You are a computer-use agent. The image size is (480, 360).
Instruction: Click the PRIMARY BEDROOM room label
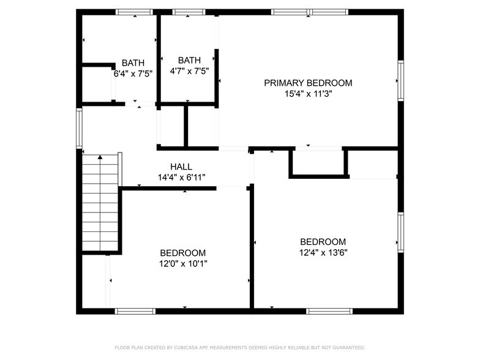pyautogui.click(x=308, y=83)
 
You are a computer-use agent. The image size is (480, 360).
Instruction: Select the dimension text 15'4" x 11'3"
pyautogui.click(x=308, y=94)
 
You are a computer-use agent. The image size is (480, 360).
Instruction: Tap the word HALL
pyautogui.click(x=181, y=167)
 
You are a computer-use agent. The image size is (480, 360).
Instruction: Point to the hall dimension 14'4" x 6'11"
pyautogui.click(x=181, y=178)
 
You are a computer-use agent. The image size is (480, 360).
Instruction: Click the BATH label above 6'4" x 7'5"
pyautogui.click(x=133, y=62)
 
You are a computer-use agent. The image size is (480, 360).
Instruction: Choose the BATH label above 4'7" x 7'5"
pyautogui.click(x=189, y=60)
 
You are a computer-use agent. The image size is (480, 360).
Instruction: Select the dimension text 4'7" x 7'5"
pyautogui.click(x=189, y=70)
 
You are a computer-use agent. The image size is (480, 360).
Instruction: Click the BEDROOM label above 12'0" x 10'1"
pyautogui.click(x=182, y=253)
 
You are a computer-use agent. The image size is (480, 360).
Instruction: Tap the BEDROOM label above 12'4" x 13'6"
pyautogui.click(x=323, y=242)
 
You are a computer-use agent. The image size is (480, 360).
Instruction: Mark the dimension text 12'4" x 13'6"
pyautogui.click(x=323, y=252)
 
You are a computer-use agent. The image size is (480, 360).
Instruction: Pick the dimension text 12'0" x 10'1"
pyautogui.click(x=182, y=264)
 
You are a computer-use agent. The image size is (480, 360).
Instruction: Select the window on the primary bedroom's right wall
pyautogui.click(x=400, y=81)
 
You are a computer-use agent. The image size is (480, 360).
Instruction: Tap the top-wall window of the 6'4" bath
pyautogui.click(x=133, y=12)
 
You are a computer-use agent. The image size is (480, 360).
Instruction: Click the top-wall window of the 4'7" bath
pyautogui.click(x=189, y=12)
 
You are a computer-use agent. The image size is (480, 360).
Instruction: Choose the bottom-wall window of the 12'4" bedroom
pyautogui.click(x=329, y=311)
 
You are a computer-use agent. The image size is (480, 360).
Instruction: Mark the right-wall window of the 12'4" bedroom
pyautogui.click(x=400, y=232)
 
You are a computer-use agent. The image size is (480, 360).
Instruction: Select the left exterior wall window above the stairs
pyautogui.click(x=79, y=127)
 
